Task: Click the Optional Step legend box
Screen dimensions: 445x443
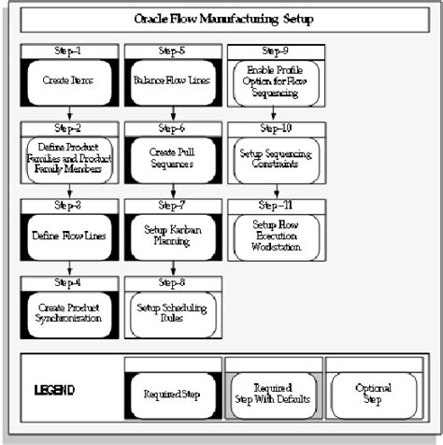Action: pos(373,392)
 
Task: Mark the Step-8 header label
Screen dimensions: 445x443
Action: pos(171,280)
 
